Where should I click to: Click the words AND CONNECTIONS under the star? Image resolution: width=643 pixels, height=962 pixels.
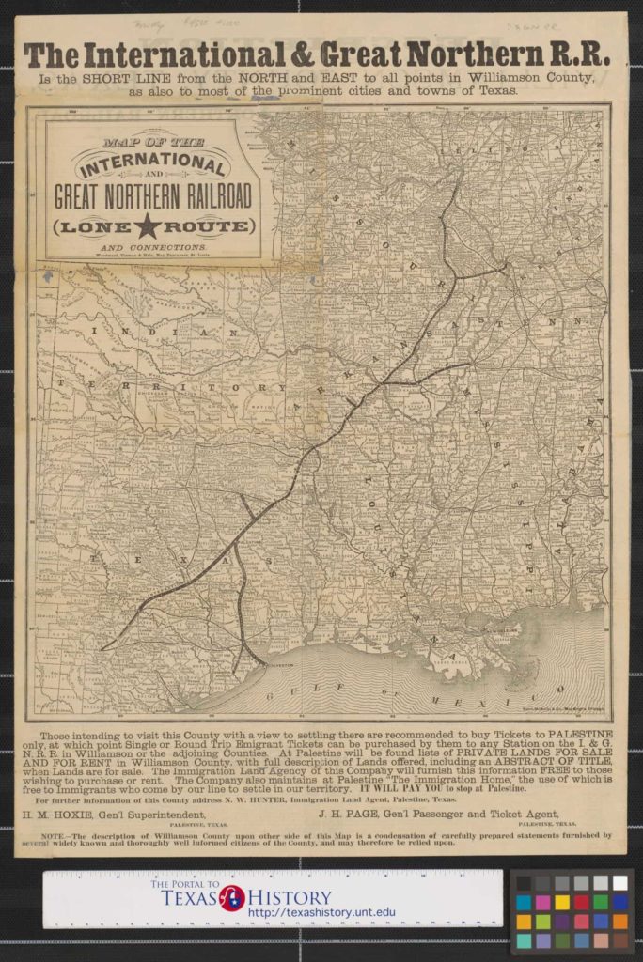point(152,245)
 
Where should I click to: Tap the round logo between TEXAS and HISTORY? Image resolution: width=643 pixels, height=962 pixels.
point(232,897)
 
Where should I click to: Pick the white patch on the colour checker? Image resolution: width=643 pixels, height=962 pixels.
point(618,883)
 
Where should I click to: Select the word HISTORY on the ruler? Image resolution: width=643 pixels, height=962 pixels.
point(288,897)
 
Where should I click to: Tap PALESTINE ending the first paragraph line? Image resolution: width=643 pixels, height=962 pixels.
point(573,733)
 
